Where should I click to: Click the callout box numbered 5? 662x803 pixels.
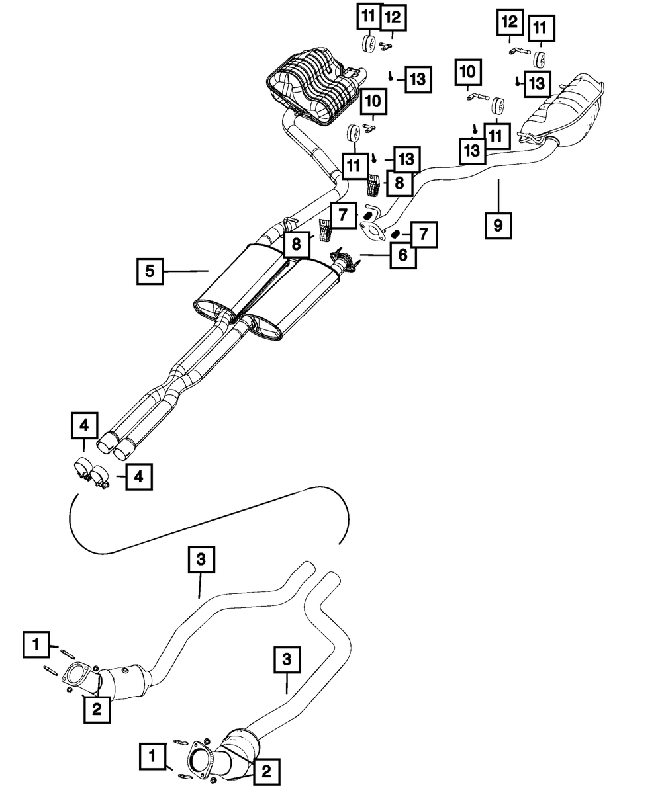[150, 271]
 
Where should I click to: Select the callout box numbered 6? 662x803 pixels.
[402, 255]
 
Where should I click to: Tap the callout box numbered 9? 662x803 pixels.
[498, 225]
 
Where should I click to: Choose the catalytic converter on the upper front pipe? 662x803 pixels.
[122, 679]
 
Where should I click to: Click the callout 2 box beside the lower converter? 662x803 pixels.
[266, 771]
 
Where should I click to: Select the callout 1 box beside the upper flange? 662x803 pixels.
[35, 644]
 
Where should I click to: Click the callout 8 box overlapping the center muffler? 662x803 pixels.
[296, 244]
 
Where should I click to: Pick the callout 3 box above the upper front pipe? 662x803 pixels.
[201, 560]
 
